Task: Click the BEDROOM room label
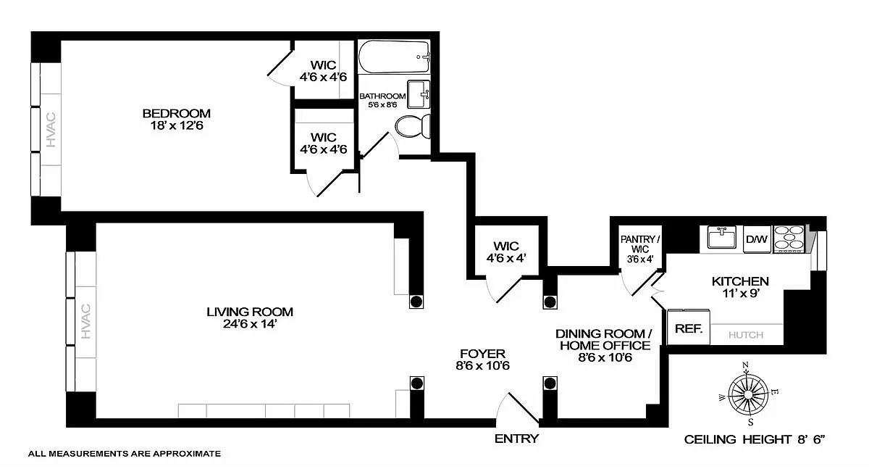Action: pos(176,113)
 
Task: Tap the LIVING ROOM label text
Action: pos(250,312)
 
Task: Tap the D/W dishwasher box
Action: pos(756,238)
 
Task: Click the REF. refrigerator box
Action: pos(689,328)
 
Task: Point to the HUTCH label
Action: pos(746,335)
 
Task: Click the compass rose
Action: pos(748,392)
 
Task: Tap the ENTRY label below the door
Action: pos(516,439)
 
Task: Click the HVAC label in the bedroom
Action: pos(51,130)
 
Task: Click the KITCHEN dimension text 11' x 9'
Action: pos(739,294)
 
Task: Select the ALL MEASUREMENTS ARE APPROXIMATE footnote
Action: pos(124,454)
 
